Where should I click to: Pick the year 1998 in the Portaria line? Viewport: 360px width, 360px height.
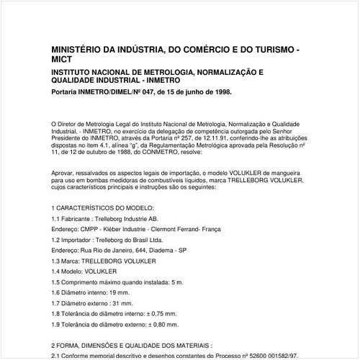tap(220, 93)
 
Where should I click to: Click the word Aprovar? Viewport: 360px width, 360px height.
tap(64, 173)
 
